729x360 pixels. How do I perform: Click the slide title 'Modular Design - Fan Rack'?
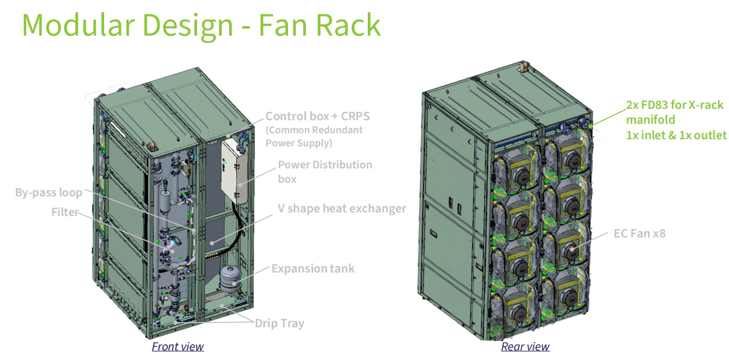(x=201, y=25)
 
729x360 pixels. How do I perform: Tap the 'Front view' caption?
(x=177, y=346)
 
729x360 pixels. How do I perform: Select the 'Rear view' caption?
(x=525, y=346)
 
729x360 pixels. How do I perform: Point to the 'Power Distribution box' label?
(x=325, y=171)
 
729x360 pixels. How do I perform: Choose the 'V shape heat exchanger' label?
(x=342, y=208)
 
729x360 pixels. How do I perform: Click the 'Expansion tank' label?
(x=312, y=268)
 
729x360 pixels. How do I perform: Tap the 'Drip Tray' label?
(x=279, y=324)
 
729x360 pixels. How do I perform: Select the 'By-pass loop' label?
(x=48, y=193)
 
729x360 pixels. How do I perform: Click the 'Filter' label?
(x=64, y=212)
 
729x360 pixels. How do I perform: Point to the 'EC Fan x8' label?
(x=639, y=233)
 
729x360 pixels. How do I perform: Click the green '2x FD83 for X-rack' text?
(x=674, y=105)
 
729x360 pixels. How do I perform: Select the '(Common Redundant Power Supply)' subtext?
(x=314, y=136)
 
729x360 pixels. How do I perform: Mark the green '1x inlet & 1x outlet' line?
(x=675, y=135)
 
